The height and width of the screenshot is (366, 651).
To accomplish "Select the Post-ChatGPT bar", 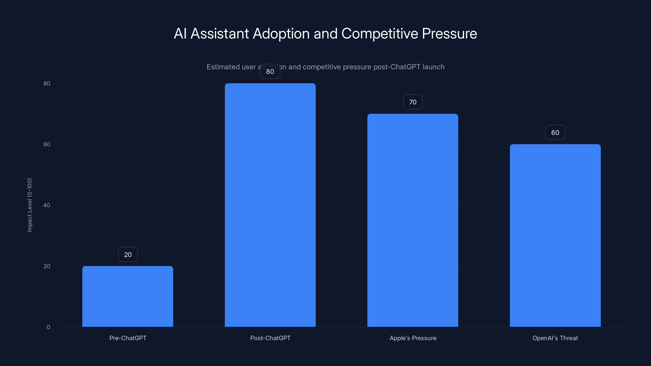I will [270, 205].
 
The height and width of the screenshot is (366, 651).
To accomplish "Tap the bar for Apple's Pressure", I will [413, 220].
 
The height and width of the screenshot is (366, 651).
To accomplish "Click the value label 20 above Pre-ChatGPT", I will [128, 254].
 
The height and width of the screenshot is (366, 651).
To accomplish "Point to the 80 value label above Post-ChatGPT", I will [270, 72].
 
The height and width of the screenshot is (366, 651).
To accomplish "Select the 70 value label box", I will [413, 102].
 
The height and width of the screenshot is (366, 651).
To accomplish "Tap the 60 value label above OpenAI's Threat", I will [555, 133].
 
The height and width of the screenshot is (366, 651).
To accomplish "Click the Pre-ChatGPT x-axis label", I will [128, 338].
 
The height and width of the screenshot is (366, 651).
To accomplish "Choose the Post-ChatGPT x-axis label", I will [270, 338].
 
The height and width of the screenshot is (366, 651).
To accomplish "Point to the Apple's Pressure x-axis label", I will [413, 338].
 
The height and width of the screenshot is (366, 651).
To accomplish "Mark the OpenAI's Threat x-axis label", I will [555, 338].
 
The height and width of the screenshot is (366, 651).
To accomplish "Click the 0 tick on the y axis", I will [48, 327].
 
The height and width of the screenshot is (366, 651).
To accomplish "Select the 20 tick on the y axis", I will [47, 266].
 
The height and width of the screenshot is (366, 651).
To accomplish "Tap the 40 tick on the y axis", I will [47, 205].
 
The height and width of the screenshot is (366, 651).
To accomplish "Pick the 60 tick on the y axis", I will [47, 144].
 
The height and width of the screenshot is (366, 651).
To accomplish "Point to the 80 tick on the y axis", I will [47, 83].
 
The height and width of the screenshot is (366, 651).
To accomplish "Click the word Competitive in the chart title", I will [380, 34].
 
